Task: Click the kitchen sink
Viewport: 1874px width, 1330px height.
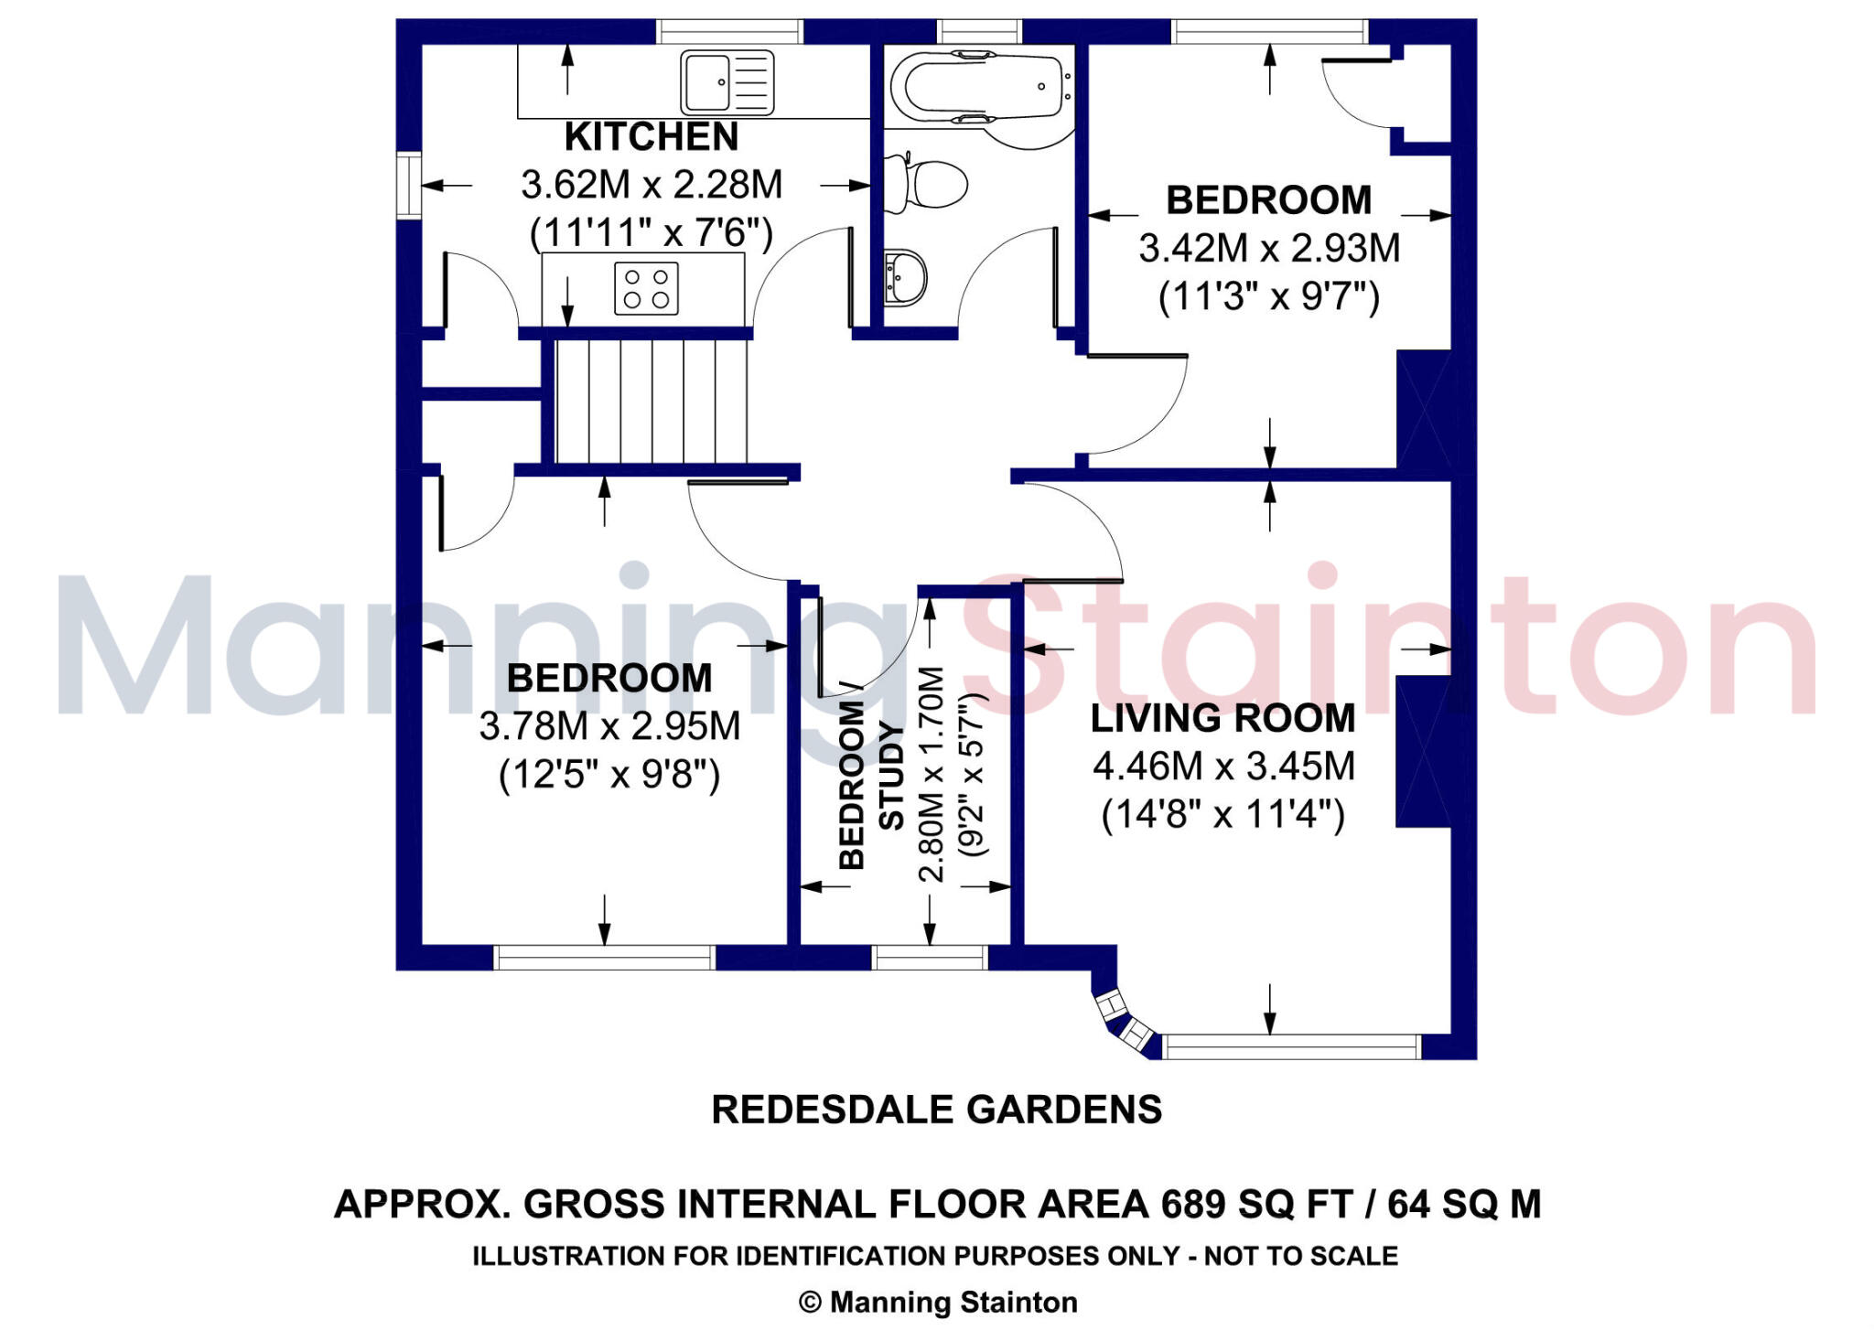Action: (x=727, y=82)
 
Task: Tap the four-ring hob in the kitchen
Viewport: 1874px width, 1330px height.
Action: (x=646, y=288)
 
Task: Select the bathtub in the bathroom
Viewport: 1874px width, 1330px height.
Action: (x=984, y=88)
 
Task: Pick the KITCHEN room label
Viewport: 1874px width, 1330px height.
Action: (x=652, y=137)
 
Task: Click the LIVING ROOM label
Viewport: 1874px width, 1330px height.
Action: (x=1223, y=718)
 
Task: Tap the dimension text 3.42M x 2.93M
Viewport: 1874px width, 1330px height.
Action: (x=1269, y=249)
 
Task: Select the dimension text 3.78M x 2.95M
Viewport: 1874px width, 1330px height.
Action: (x=609, y=726)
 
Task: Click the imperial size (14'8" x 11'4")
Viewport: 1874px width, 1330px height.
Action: (x=1223, y=814)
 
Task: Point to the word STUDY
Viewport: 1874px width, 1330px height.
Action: (x=890, y=777)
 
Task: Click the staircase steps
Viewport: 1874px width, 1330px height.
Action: (x=652, y=402)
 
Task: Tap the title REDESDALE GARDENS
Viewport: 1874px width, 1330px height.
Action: (x=937, y=1110)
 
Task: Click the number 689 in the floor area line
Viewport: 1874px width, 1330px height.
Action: (x=1193, y=1204)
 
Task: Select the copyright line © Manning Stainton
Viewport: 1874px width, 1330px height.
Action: (x=938, y=1302)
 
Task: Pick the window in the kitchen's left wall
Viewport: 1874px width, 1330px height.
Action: (x=408, y=186)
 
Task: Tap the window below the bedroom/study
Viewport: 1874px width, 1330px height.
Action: (x=930, y=958)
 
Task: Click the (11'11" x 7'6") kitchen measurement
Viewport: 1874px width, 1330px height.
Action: (x=652, y=233)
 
